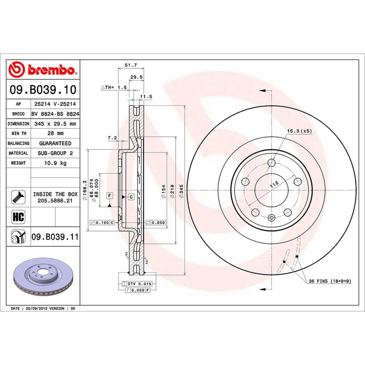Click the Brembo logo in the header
coord(43,70)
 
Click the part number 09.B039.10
coord(43,90)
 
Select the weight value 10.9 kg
coord(55,163)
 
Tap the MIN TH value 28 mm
coord(55,133)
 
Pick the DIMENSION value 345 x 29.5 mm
coord(55,124)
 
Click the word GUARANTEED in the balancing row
coord(55,143)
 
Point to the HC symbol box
coord(18,217)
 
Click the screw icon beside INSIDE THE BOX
coord(18,197)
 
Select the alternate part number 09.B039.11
coord(55,237)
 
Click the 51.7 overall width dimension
coord(131,65)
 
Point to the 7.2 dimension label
coord(112,138)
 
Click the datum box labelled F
coord(109,196)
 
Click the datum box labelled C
coord(131,197)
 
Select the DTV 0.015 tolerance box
coord(138,284)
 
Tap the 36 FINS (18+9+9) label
coord(330,281)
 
